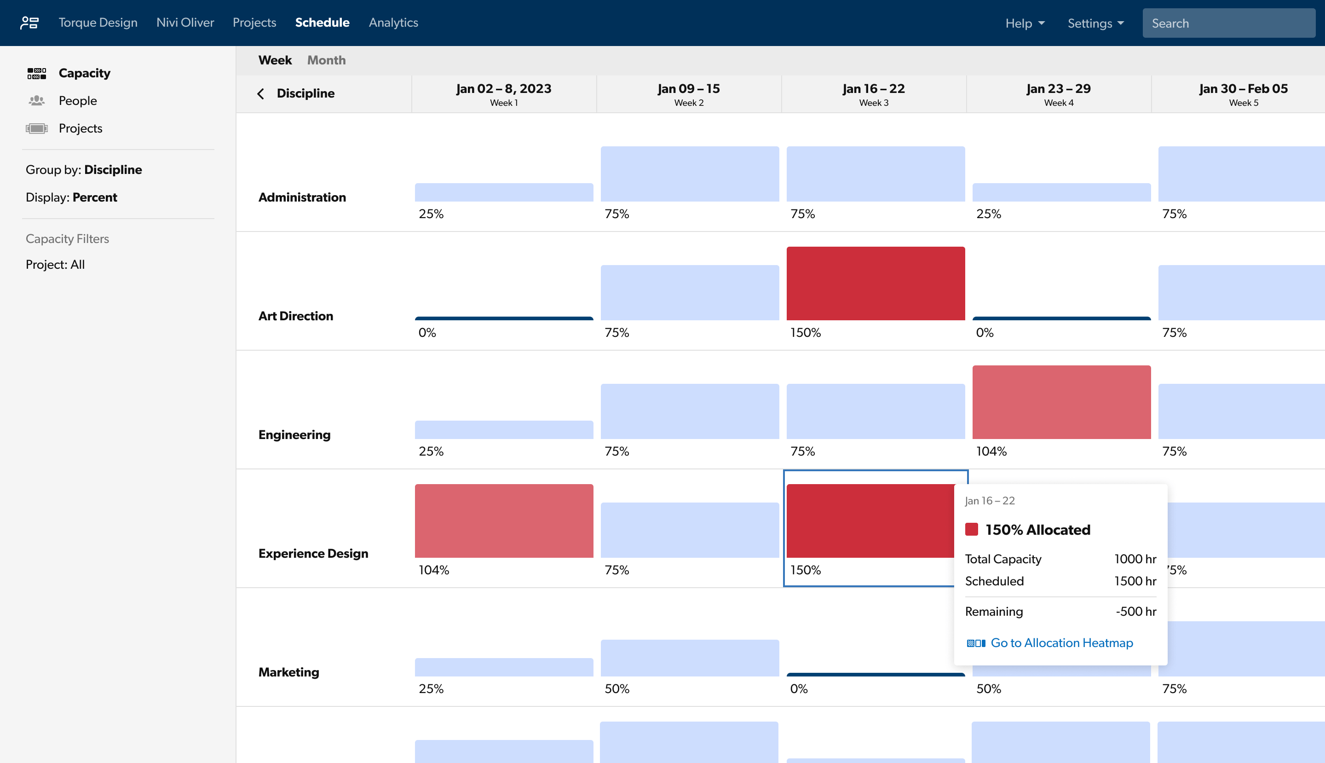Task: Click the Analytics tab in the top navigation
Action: coord(393,23)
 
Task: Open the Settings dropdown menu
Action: coord(1095,23)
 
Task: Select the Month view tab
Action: coord(326,60)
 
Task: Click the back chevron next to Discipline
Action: coord(260,94)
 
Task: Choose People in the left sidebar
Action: coord(78,101)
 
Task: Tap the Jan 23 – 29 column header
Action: coord(1058,94)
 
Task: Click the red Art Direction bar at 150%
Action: coord(875,283)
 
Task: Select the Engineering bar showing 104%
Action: coord(1061,402)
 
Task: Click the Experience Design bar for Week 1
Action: coord(503,520)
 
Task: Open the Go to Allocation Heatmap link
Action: coord(1061,642)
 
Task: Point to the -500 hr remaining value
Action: coord(1135,612)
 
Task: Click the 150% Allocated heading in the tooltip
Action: coord(1037,530)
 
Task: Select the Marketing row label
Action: coord(288,672)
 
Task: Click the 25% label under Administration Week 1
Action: coord(431,214)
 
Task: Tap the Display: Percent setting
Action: coord(72,197)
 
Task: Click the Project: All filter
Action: coord(55,265)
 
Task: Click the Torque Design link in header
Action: coord(98,23)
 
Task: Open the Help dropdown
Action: coord(1024,23)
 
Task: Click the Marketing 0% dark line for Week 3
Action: coord(875,675)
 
